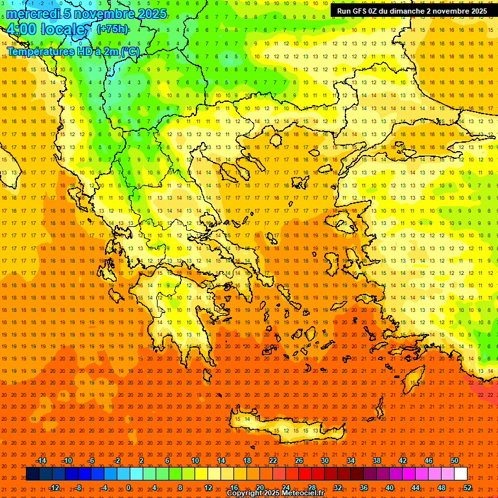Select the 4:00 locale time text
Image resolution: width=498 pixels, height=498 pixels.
[x=45, y=29]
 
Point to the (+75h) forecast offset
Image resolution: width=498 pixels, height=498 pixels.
[x=112, y=29]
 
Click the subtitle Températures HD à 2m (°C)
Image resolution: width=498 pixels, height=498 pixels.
[x=73, y=51]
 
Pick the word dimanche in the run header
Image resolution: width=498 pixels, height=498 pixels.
[x=405, y=11]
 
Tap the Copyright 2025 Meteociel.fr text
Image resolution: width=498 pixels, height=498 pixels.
[x=275, y=493]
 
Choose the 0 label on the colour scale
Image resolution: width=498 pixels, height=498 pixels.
[x=128, y=488]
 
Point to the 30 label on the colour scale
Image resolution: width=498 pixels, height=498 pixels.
[x=324, y=460]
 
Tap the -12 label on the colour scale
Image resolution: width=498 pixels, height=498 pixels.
[x=54, y=488]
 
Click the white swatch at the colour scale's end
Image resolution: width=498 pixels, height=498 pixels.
[x=460, y=474]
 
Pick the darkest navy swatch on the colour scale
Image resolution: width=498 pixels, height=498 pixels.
[x=32, y=474]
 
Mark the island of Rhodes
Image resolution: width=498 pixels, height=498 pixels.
[x=413, y=380]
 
